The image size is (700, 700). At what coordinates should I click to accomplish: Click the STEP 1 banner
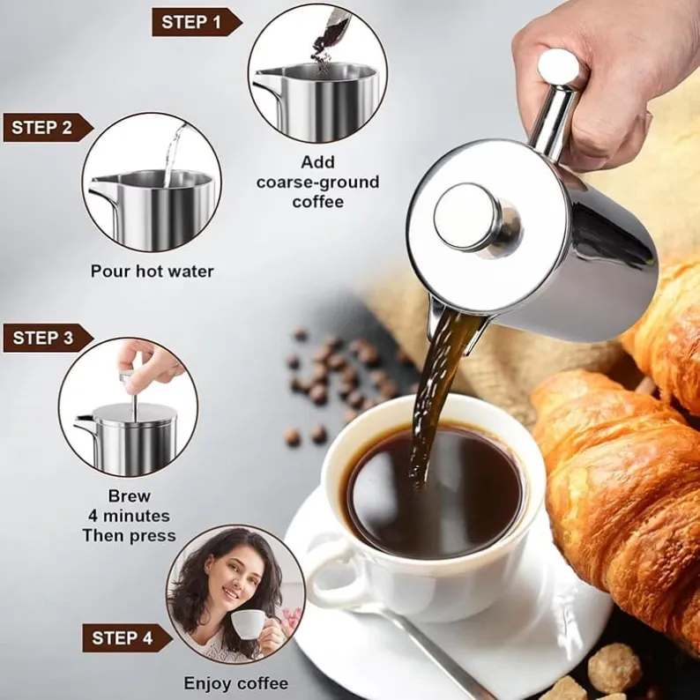point(197,22)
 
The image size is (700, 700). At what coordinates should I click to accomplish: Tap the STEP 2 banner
point(48,128)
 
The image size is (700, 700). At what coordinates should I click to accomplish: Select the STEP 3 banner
point(48,338)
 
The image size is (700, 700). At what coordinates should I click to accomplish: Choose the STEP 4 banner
point(127,638)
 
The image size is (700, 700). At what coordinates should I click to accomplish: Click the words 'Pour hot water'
point(153,271)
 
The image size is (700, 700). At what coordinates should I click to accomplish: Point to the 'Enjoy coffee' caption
point(236,683)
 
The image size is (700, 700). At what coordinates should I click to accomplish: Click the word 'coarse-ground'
point(318,182)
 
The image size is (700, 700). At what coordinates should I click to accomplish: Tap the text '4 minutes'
point(129,516)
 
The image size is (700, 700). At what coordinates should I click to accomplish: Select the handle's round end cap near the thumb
point(558,67)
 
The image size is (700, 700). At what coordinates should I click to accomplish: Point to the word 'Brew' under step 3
point(129,496)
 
